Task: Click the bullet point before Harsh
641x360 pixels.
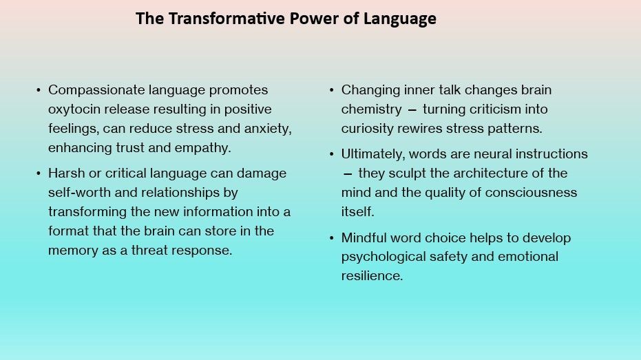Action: point(39,173)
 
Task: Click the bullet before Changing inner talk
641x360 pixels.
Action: point(332,90)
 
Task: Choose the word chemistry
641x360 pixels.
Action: point(372,109)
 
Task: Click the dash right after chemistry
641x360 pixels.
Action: point(412,110)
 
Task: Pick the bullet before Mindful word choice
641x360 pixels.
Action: point(332,238)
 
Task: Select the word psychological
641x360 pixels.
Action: point(384,257)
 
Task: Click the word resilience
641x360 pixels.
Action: point(372,276)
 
